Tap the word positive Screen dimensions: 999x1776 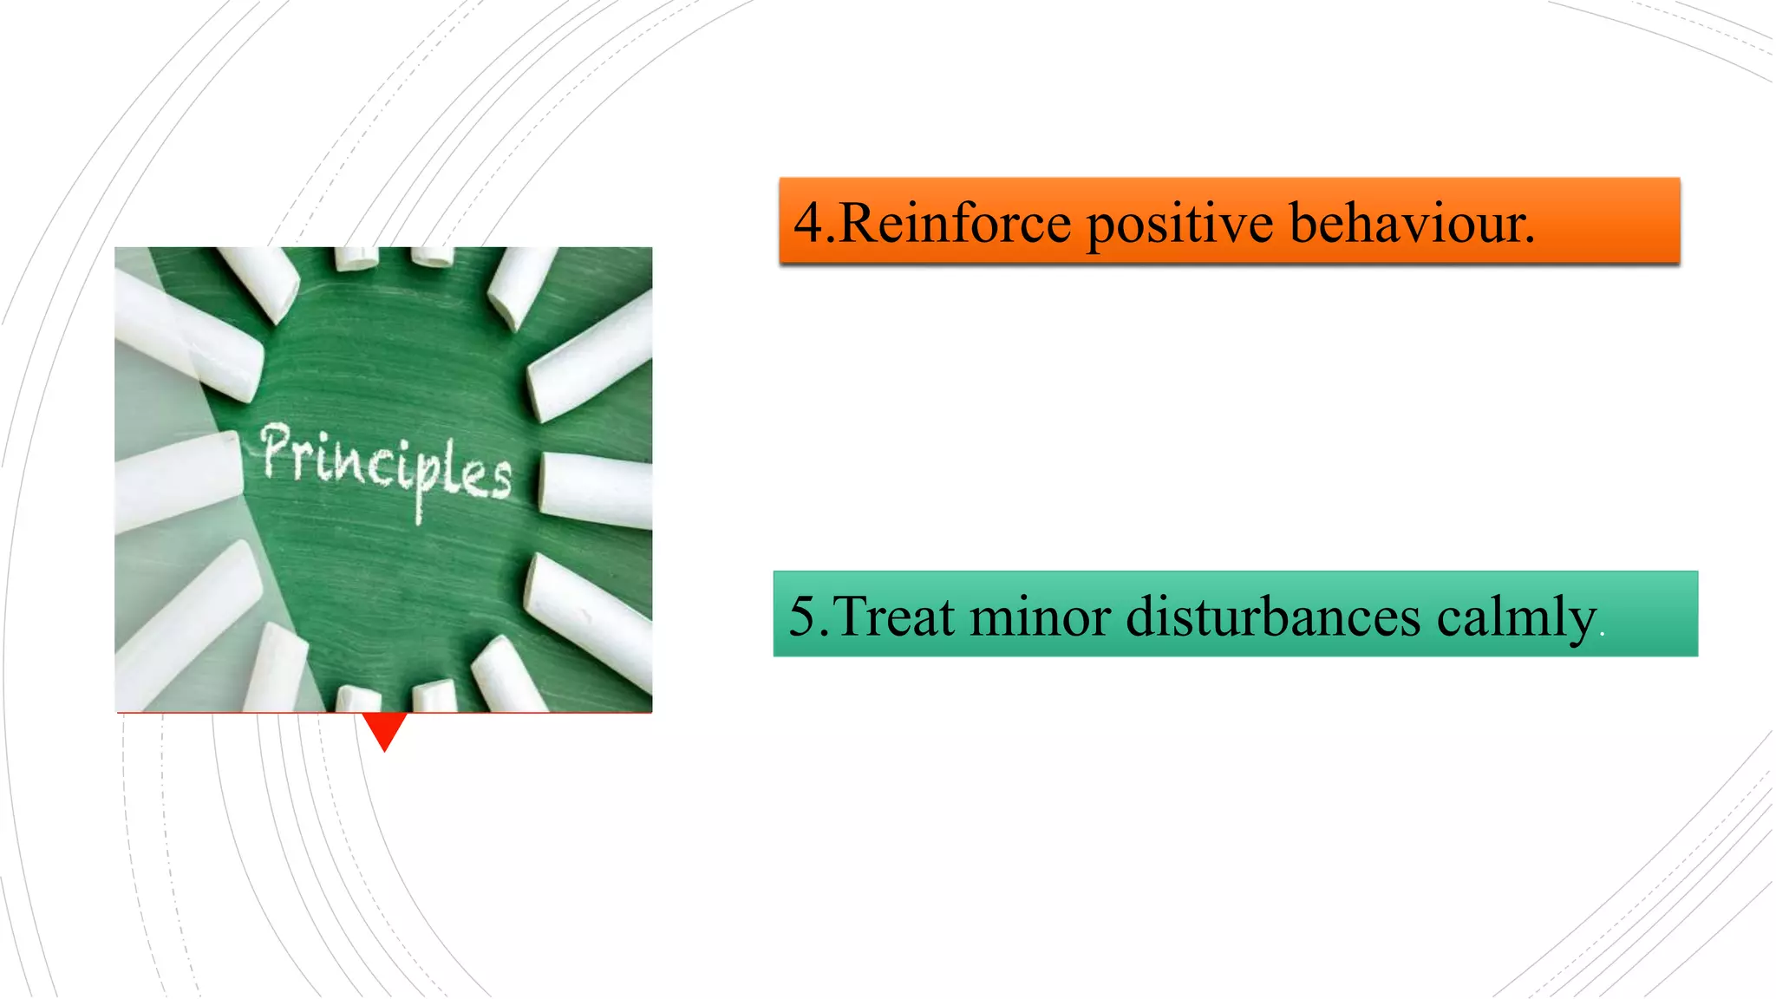click(x=1179, y=225)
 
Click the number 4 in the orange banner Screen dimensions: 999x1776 click(x=807, y=222)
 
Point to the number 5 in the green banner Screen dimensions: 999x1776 click(x=802, y=617)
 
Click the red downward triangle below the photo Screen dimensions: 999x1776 click(x=384, y=728)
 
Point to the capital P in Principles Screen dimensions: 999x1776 click(x=276, y=449)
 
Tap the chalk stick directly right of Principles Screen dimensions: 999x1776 click(x=597, y=490)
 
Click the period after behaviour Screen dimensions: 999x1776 click(x=1530, y=241)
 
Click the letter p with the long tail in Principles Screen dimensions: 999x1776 click(x=420, y=481)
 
